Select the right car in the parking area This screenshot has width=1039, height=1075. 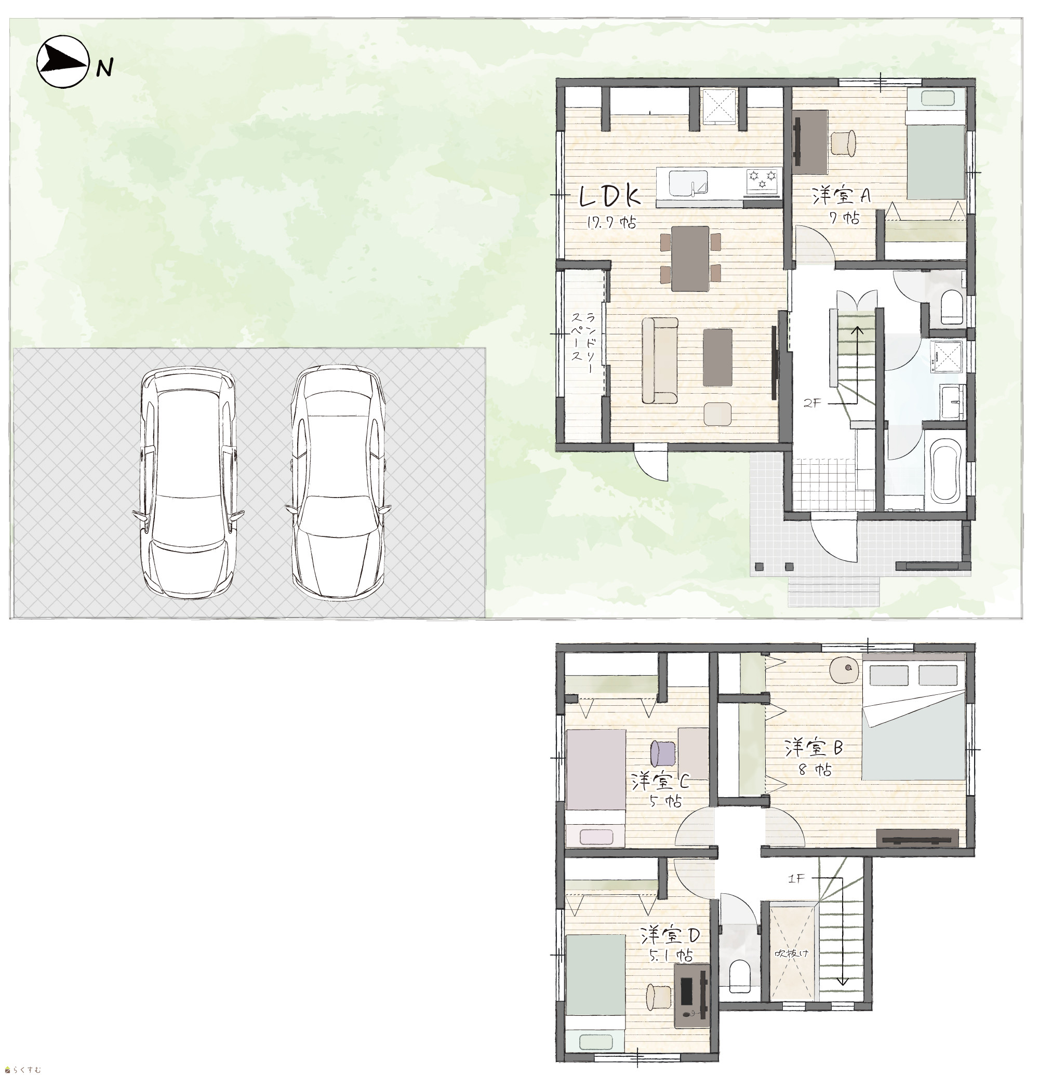tap(338, 482)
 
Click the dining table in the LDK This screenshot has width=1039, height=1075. tap(690, 258)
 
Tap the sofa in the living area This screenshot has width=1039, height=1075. tap(660, 361)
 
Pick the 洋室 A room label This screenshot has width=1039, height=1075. tap(842, 195)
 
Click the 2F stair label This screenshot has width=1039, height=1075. tap(812, 403)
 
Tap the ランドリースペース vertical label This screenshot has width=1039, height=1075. tap(583, 344)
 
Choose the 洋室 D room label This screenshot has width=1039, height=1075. tap(670, 935)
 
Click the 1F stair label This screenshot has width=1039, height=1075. tap(796, 879)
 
